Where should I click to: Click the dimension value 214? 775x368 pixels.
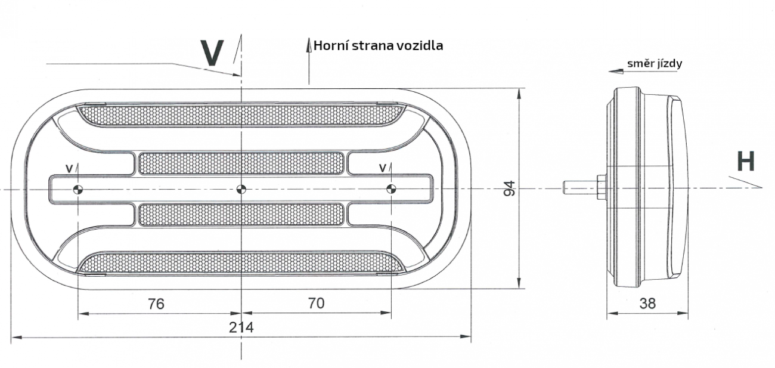tap(241, 328)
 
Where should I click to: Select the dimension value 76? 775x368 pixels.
tap(156, 304)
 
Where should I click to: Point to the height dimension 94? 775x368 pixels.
tap(510, 188)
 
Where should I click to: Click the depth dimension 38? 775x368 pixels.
tap(647, 304)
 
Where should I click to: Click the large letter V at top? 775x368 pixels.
tap(212, 52)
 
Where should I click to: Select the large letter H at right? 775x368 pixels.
tap(745, 162)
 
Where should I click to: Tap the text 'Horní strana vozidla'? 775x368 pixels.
tap(378, 45)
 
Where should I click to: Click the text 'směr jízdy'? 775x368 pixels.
tap(654, 63)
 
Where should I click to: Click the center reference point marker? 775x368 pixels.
tap(241, 190)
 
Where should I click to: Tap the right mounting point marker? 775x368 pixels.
tap(391, 190)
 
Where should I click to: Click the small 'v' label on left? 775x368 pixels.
tap(69, 169)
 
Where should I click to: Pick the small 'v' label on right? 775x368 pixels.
tap(382, 169)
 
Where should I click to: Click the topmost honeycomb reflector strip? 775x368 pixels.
tap(241, 115)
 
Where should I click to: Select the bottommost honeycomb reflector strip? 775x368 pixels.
tap(241, 262)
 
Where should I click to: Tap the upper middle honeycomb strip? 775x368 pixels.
tap(241, 163)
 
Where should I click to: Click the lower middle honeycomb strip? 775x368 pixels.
tap(241, 215)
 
